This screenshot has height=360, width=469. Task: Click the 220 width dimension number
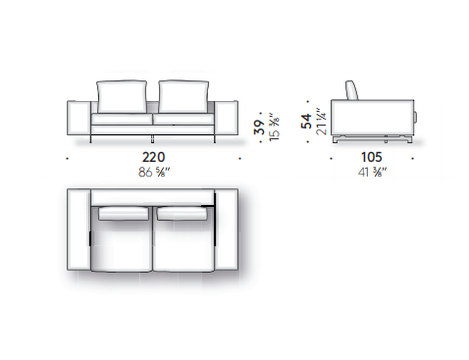point(153,157)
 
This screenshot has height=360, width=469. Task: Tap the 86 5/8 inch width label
point(154,172)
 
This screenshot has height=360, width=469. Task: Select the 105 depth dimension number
point(372,157)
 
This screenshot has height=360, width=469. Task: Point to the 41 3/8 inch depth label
point(372,172)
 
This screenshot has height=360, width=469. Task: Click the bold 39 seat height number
point(259,127)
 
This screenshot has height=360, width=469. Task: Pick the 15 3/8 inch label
point(274,128)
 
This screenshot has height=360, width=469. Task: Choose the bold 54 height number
point(306,121)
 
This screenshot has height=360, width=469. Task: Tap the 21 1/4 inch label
point(321,122)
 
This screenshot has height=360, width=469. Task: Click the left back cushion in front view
point(122,96)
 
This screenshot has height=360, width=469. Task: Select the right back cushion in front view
point(183,96)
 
